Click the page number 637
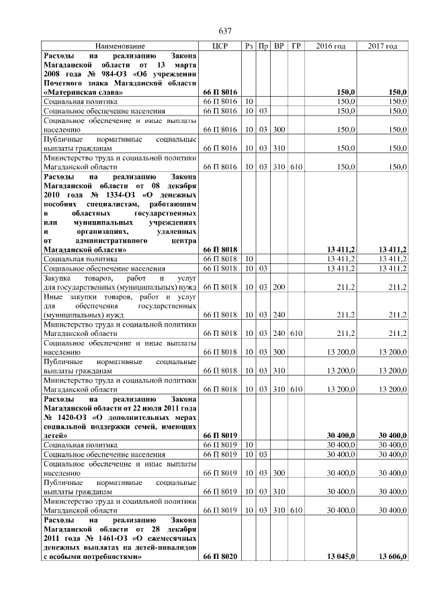point(225,31)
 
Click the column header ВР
point(279,46)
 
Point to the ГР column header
point(296,46)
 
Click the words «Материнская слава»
point(83,91)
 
